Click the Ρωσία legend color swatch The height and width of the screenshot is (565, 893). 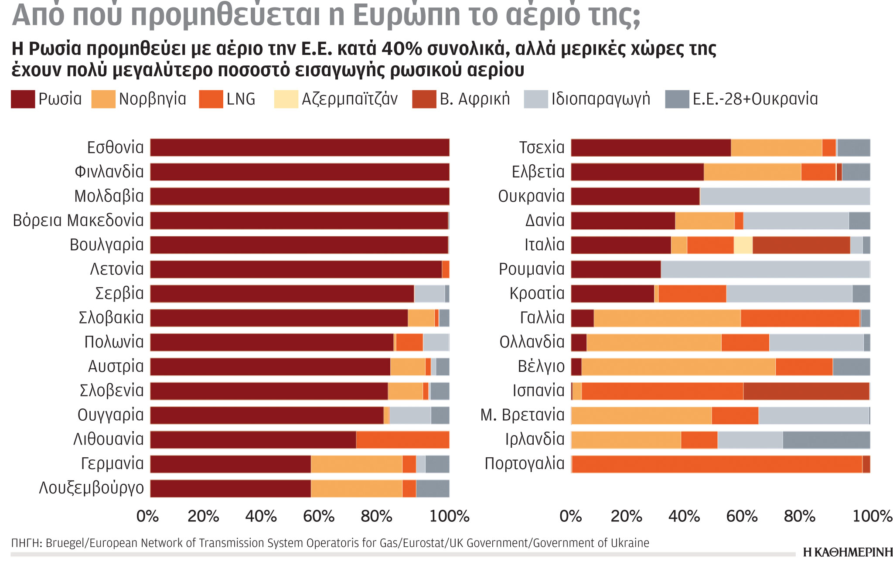click(x=23, y=99)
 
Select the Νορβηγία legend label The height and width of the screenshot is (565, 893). click(x=152, y=99)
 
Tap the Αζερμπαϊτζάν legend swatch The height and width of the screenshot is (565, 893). click(x=286, y=99)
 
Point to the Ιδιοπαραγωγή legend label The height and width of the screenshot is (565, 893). click(x=600, y=99)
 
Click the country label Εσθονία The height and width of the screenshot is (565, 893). click(x=115, y=148)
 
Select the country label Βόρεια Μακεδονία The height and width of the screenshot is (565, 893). click(x=78, y=221)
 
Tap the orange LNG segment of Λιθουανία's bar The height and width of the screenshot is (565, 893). click(x=402, y=439)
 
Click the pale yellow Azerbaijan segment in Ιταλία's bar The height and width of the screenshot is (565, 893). click(x=743, y=245)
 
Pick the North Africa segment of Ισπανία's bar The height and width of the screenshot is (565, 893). click(x=806, y=391)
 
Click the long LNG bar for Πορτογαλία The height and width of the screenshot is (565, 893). click(x=716, y=464)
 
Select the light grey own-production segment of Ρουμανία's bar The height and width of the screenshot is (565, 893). click(x=765, y=269)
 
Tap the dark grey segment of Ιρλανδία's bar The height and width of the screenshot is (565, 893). click(x=826, y=439)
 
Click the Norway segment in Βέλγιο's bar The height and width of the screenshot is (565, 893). click(x=678, y=367)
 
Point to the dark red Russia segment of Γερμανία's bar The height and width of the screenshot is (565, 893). click(x=230, y=464)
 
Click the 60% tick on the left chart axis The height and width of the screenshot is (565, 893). click(x=319, y=517)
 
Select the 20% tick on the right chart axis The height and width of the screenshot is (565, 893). click(x=626, y=517)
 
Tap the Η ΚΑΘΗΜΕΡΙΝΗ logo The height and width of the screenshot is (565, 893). click(x=847, y=552)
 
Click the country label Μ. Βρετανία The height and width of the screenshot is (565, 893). click(x=522, y=415)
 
